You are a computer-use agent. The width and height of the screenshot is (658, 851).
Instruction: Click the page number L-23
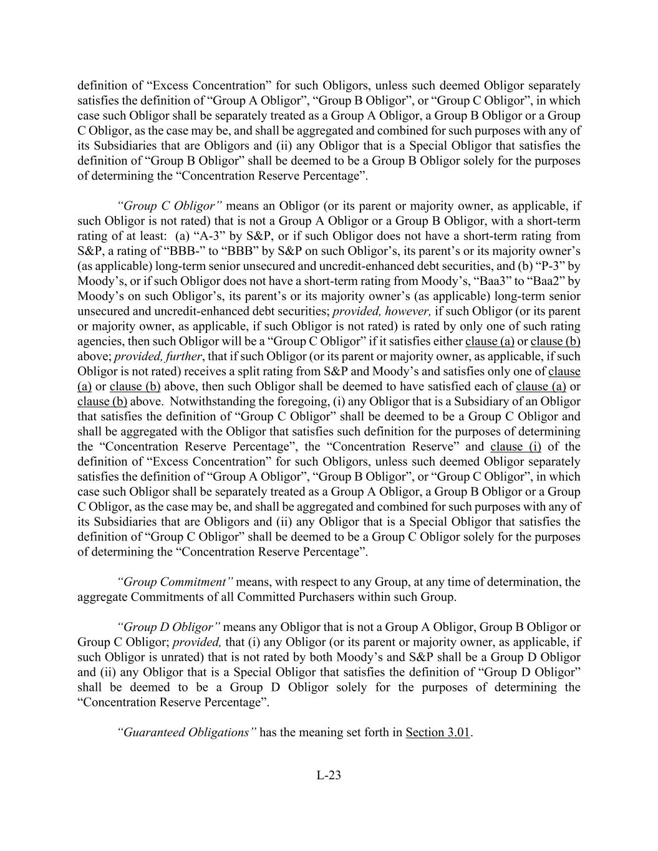coord(329,776)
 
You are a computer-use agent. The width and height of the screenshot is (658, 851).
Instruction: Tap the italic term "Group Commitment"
coord(175,582)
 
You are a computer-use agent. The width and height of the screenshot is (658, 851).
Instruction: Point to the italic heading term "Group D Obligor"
coord(168,627)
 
